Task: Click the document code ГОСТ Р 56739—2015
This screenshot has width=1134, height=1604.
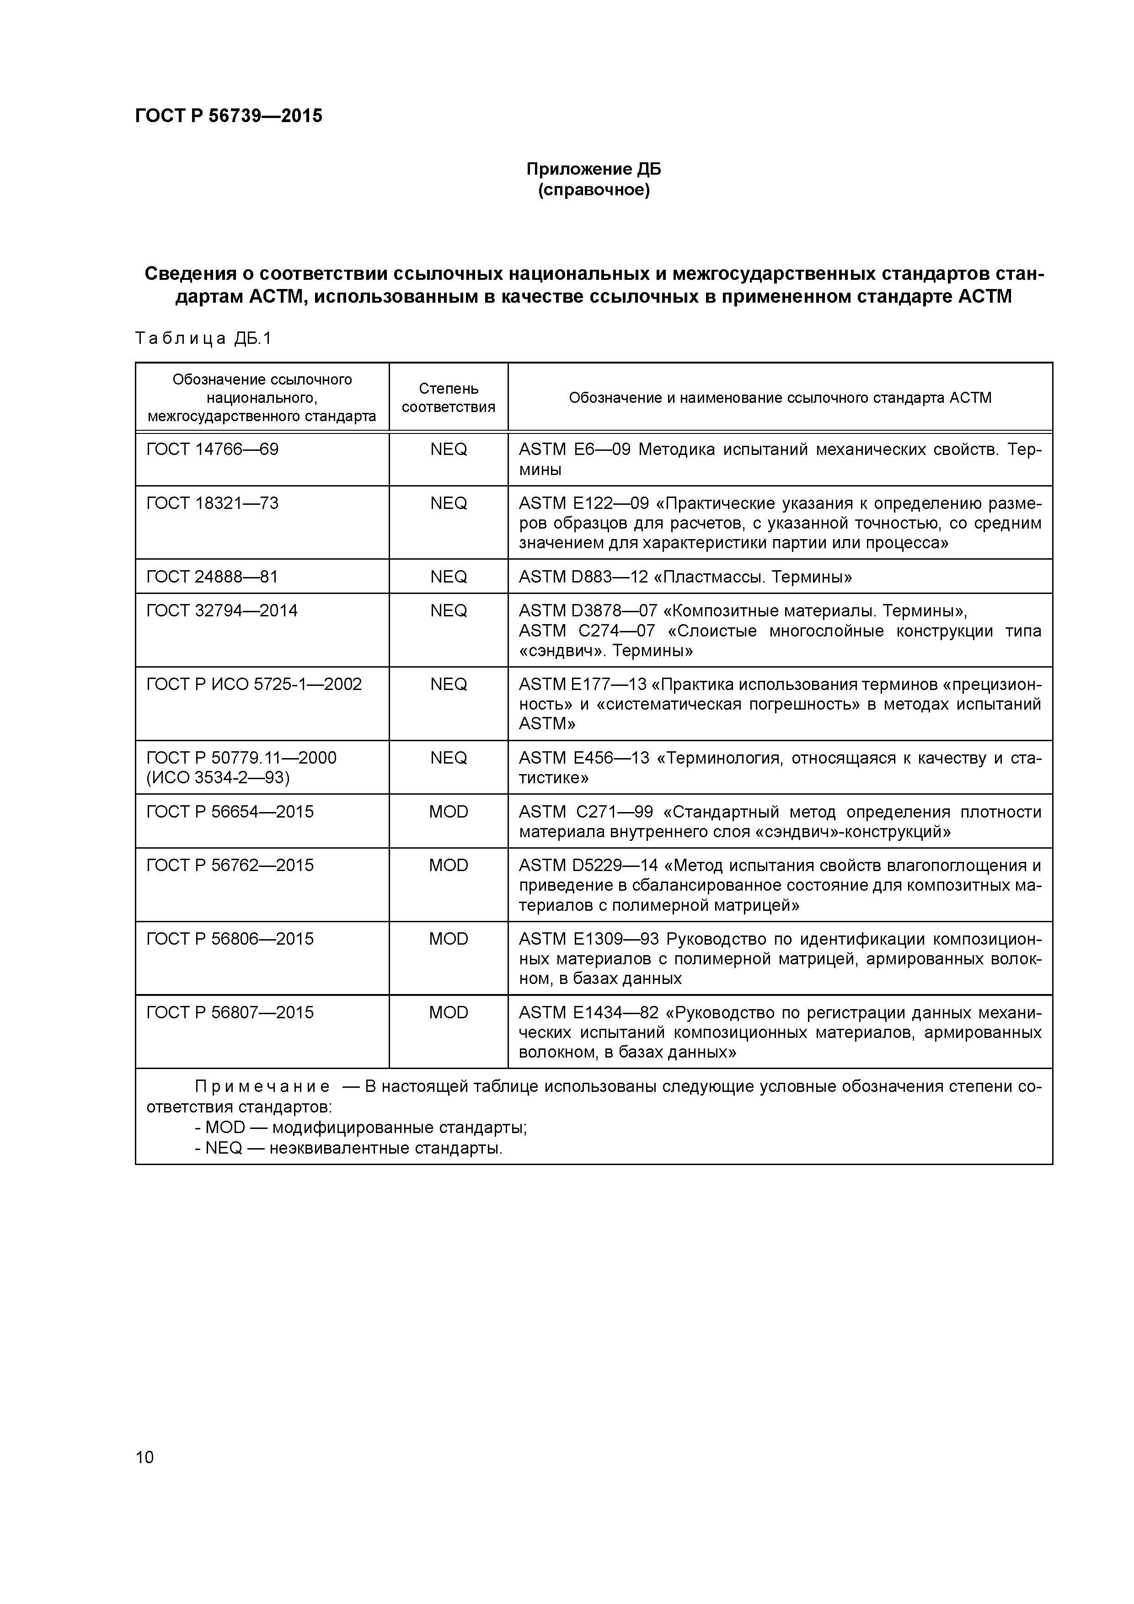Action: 229,116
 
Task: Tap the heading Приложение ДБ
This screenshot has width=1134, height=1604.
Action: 593,169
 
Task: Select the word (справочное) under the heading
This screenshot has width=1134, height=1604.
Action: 593,191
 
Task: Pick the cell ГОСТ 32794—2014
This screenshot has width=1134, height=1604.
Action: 221,611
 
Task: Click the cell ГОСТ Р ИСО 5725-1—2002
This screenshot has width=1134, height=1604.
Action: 254,684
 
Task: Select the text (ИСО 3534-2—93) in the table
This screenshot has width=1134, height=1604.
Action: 217,778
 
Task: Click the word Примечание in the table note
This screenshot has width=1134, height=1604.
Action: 262,1087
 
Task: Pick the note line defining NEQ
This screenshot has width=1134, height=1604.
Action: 348,1149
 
